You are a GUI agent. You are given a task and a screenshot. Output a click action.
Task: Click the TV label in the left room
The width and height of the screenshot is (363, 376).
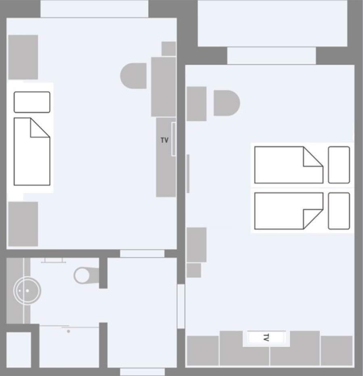click(x=165, y=140)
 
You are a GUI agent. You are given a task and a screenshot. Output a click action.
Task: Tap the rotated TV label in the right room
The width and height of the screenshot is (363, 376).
click(x=266, y=337)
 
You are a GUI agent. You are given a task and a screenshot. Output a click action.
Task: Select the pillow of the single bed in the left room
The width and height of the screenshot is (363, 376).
click(x=32, y=102)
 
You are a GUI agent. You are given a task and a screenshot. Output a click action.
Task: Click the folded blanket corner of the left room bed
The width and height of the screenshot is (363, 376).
click(x=40, y=128)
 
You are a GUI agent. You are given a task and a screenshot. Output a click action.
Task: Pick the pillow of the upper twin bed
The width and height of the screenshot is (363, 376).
click(x=339, y=165)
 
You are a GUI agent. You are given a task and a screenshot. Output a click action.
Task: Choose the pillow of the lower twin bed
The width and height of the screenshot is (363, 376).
click(x=339, y=211)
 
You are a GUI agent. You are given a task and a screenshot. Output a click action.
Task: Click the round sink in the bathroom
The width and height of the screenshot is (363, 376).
click(x=27, y=291)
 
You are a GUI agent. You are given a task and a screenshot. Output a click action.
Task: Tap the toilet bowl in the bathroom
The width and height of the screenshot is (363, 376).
click(x=82, y=275)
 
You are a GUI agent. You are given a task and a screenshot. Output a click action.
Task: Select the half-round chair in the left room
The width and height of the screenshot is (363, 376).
click(x=134, y=76)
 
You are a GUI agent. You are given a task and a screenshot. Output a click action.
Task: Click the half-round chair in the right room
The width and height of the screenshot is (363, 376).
click(x=227, y=103)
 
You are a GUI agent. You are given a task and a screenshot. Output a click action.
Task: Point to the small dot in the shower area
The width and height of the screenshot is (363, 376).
click(x=69, y=331)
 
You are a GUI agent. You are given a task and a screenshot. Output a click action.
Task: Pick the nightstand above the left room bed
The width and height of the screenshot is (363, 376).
click(x=23, y=57)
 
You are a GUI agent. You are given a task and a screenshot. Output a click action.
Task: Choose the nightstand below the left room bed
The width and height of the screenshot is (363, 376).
click(x=23, y=224)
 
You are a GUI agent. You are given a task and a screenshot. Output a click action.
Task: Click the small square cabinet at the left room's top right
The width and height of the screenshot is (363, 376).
click(x=169, y=49)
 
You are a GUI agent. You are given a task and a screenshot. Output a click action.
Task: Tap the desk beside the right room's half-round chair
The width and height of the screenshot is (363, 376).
click(x=196, y=104)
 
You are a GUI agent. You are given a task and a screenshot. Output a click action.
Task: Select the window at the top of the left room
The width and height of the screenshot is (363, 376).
click(x=94, y=9)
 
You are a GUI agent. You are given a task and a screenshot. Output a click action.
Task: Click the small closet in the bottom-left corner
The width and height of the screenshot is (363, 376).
click(x=19, y=350)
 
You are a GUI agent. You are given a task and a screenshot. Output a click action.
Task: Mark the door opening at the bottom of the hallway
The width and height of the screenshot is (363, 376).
click(x=142, y=372)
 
